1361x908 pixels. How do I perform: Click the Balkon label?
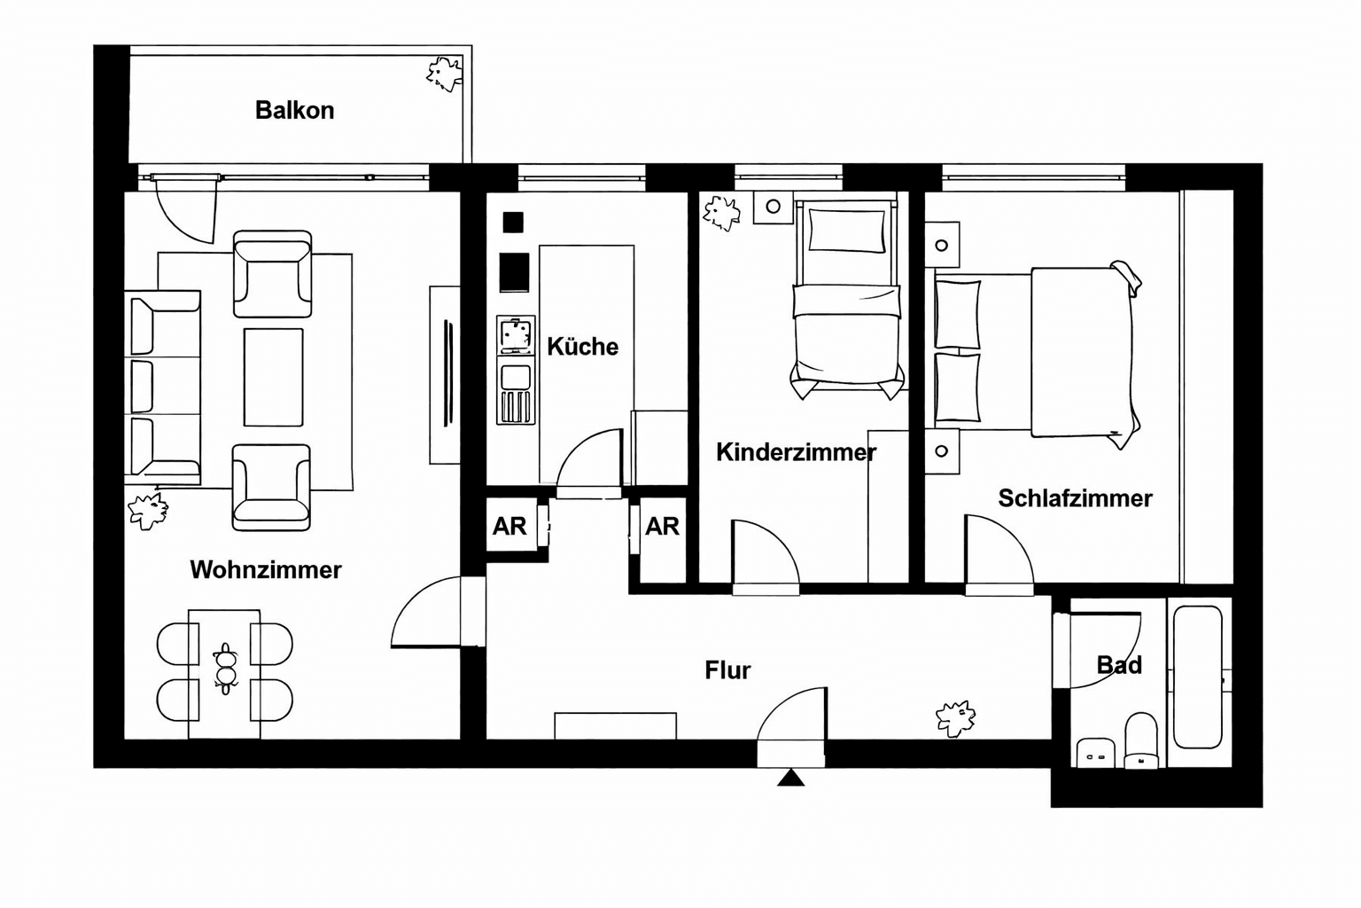click(294, 110)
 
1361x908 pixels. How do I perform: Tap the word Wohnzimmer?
click(265, 569)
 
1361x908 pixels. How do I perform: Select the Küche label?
click(582, 346)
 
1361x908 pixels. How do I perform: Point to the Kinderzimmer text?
click(795, 452)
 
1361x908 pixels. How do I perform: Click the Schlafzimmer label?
click(1074, 498)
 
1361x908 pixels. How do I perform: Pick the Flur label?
click(727, 670)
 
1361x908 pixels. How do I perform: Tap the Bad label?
click(1118, 665)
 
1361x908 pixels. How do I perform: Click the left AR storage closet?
click(509, 527)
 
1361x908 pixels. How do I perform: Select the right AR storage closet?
click(662, 527)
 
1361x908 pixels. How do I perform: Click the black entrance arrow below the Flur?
click(790, 779)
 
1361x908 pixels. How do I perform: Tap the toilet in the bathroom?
click(1140, 740)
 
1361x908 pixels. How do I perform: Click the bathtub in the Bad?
click(1198, 676)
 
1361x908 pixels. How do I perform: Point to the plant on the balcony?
click(445, 73)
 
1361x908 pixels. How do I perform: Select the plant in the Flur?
click(955, 717)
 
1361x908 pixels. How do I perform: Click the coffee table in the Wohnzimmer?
click(273, 377)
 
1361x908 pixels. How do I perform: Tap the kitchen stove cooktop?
click(515, 335)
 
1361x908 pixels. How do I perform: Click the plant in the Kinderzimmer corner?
click(720, 213)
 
